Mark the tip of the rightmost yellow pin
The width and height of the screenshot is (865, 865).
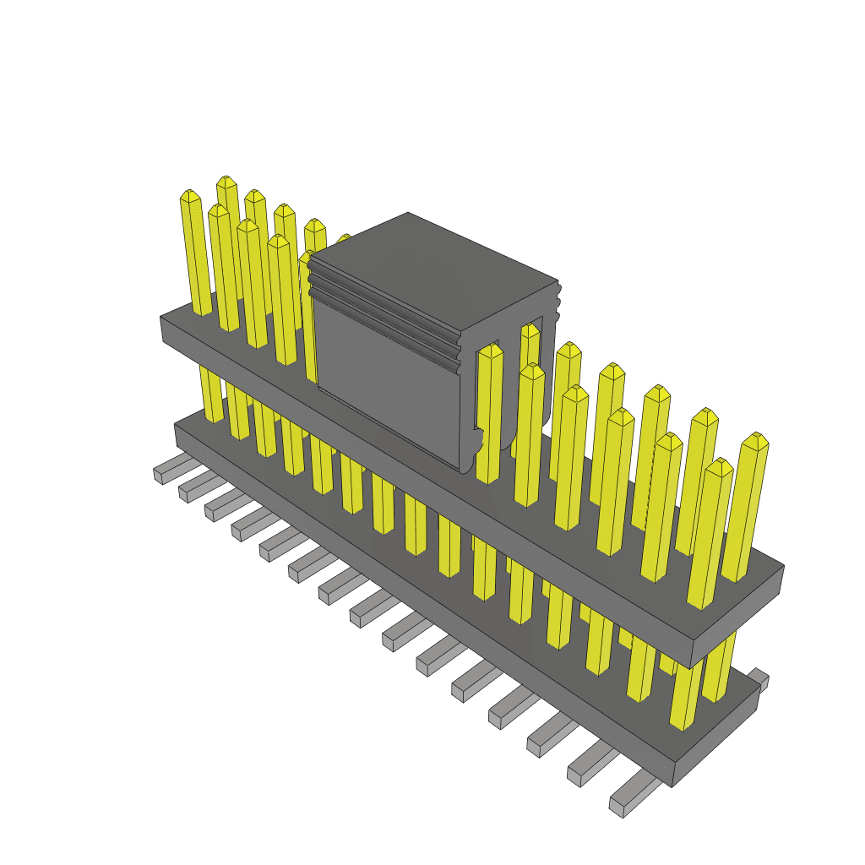click(x=755, y=440)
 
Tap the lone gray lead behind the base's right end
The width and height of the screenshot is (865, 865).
click(x=758, y=677)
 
